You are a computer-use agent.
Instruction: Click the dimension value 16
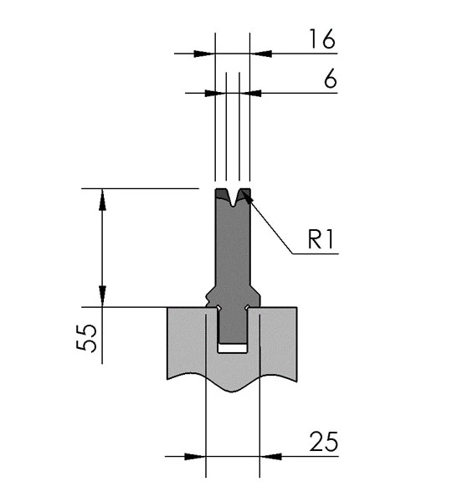pyautogui.click(x=322, y=39)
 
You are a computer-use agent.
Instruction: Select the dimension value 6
pyautogui.click(x=331, y=79)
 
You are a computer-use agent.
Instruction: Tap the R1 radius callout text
pyautogui.click(x=321, y=239)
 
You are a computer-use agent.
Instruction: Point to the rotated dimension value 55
pyautogui.click(x=86, y=338)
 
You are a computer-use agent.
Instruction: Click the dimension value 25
pyautogui.click(x=324, y=442)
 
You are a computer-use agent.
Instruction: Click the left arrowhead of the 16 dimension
pyautogui.click(x=204, y=54)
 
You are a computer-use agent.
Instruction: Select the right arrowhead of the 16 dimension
pyautogui.click(x=261, y=54)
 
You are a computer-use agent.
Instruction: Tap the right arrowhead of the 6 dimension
pyautogui.click(x=250, y=93)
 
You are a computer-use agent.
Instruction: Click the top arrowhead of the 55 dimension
pyautogui.click(x=102, y=199)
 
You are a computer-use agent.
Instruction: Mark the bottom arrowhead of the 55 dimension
pyautogui.click(x=102, y=296)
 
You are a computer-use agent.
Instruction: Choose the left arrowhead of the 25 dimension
pyautogui.click(x=195, y=457)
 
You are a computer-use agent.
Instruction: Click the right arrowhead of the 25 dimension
pyautogui.click(x=270, y=457)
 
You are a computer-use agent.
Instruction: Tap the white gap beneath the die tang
pyautogui.click(x=233, y=348)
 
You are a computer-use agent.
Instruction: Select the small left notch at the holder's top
pyautogui.click(x=218, y=308)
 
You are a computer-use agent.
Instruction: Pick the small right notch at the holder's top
pyautogui.click(x=247, y=308)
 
